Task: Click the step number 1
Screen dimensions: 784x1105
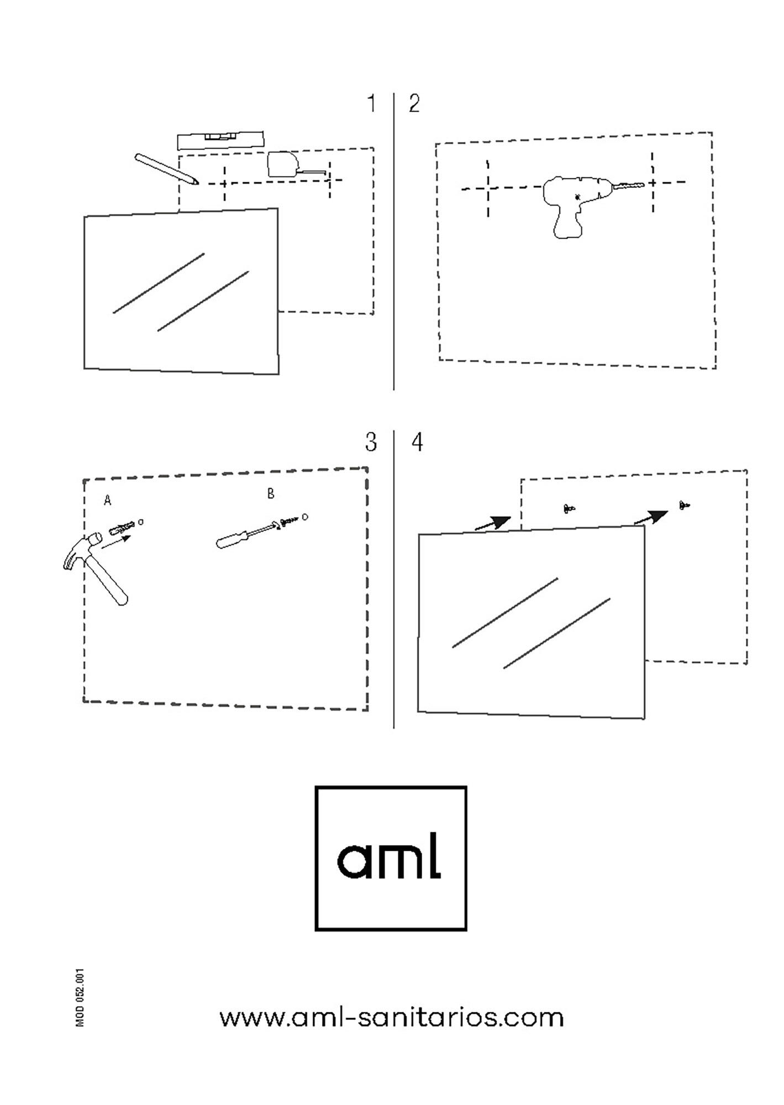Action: pyautogui.click(x=372, y=103)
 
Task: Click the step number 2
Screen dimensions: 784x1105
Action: pyautogui.click(x=414, y=104)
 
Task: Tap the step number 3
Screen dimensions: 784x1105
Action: pyautogui.click(x=371, y=442)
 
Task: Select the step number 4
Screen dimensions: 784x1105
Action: pyautogui.click(x=418, y=442)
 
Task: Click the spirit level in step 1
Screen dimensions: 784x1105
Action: pyautogui.click(x=220, y=140)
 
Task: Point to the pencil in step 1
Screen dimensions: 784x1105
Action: pyautogui.click(x=166, y=169)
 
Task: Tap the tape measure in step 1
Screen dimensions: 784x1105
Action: pyautogui.click(x=297, y=165)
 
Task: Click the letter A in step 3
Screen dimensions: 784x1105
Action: pyautogui.click(x=108, y=501)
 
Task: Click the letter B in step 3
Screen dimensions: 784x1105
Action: pyautogui.click(x=271, y=493)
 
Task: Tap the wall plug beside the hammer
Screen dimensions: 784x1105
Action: pyautogui.click(x=123, y=528)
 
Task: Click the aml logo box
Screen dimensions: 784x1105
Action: pyautogui.click(x=391, y=858)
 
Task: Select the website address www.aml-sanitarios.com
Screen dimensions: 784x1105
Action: pyautogui.click(x=391, y=1017)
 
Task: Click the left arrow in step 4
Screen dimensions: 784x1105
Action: pyautogui.click(x=493, y=523)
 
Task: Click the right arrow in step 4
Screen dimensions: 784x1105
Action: pyautogui.click(x=651, y=517)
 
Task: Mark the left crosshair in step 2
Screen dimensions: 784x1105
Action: pyautogui.click(x=488, y=188)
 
